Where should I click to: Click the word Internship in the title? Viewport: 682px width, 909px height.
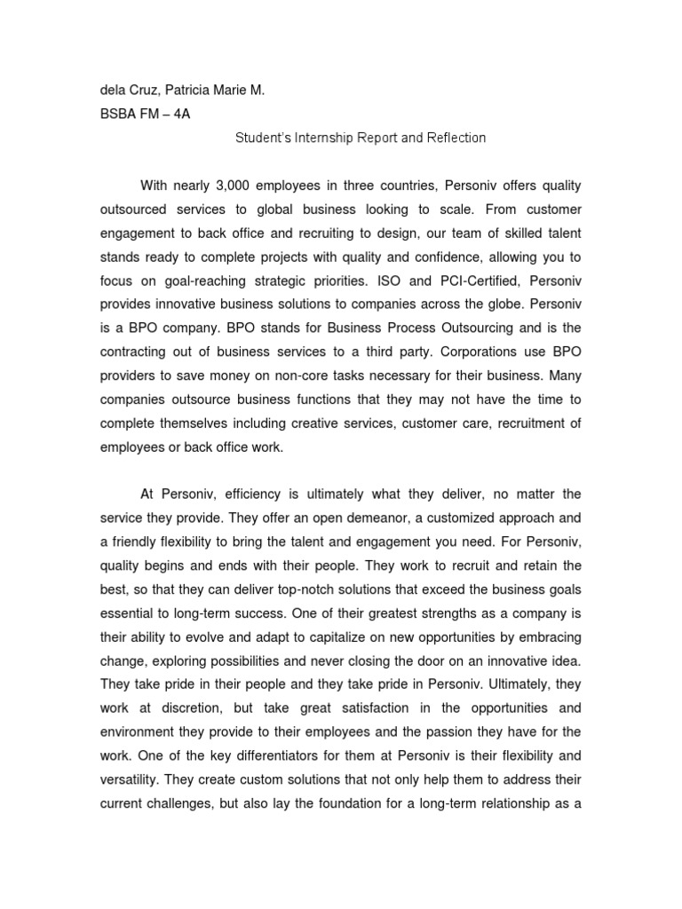click(x=324, y=138)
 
